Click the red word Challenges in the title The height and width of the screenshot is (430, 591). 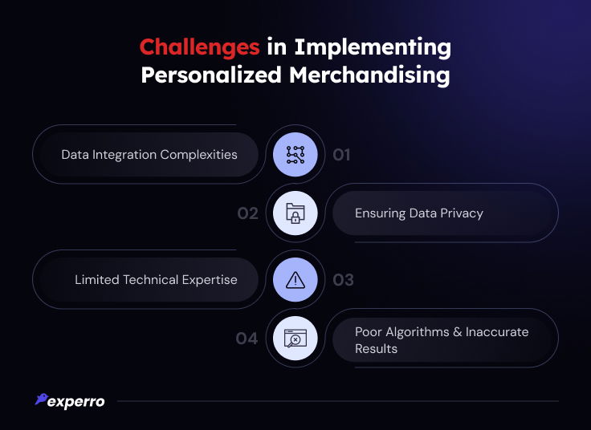point(199,48)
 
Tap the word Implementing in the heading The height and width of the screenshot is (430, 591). point(373,48)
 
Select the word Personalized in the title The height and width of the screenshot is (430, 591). point(211,75)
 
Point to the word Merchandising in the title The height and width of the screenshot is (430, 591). point(369,75)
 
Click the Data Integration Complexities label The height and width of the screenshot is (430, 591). point(149,155)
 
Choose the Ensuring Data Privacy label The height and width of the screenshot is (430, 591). point(418,213)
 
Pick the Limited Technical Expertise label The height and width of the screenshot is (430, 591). point(156,280)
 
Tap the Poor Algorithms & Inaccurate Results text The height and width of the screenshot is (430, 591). point(442,340)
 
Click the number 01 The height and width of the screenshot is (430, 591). point(341,155)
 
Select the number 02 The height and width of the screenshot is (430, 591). point(247,213)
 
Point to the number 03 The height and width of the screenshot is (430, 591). point(343,280)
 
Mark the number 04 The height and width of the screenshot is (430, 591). point(247,339)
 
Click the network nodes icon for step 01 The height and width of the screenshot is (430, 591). point(295,155)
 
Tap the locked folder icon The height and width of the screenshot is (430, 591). point(295,213)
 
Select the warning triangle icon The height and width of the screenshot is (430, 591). point(295,280)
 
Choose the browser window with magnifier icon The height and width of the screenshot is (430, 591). point(295,338)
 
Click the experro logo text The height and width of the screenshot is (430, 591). point(76,402)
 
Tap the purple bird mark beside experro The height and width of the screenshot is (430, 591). point(41,400)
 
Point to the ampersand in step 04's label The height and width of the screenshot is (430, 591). point(458,332)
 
